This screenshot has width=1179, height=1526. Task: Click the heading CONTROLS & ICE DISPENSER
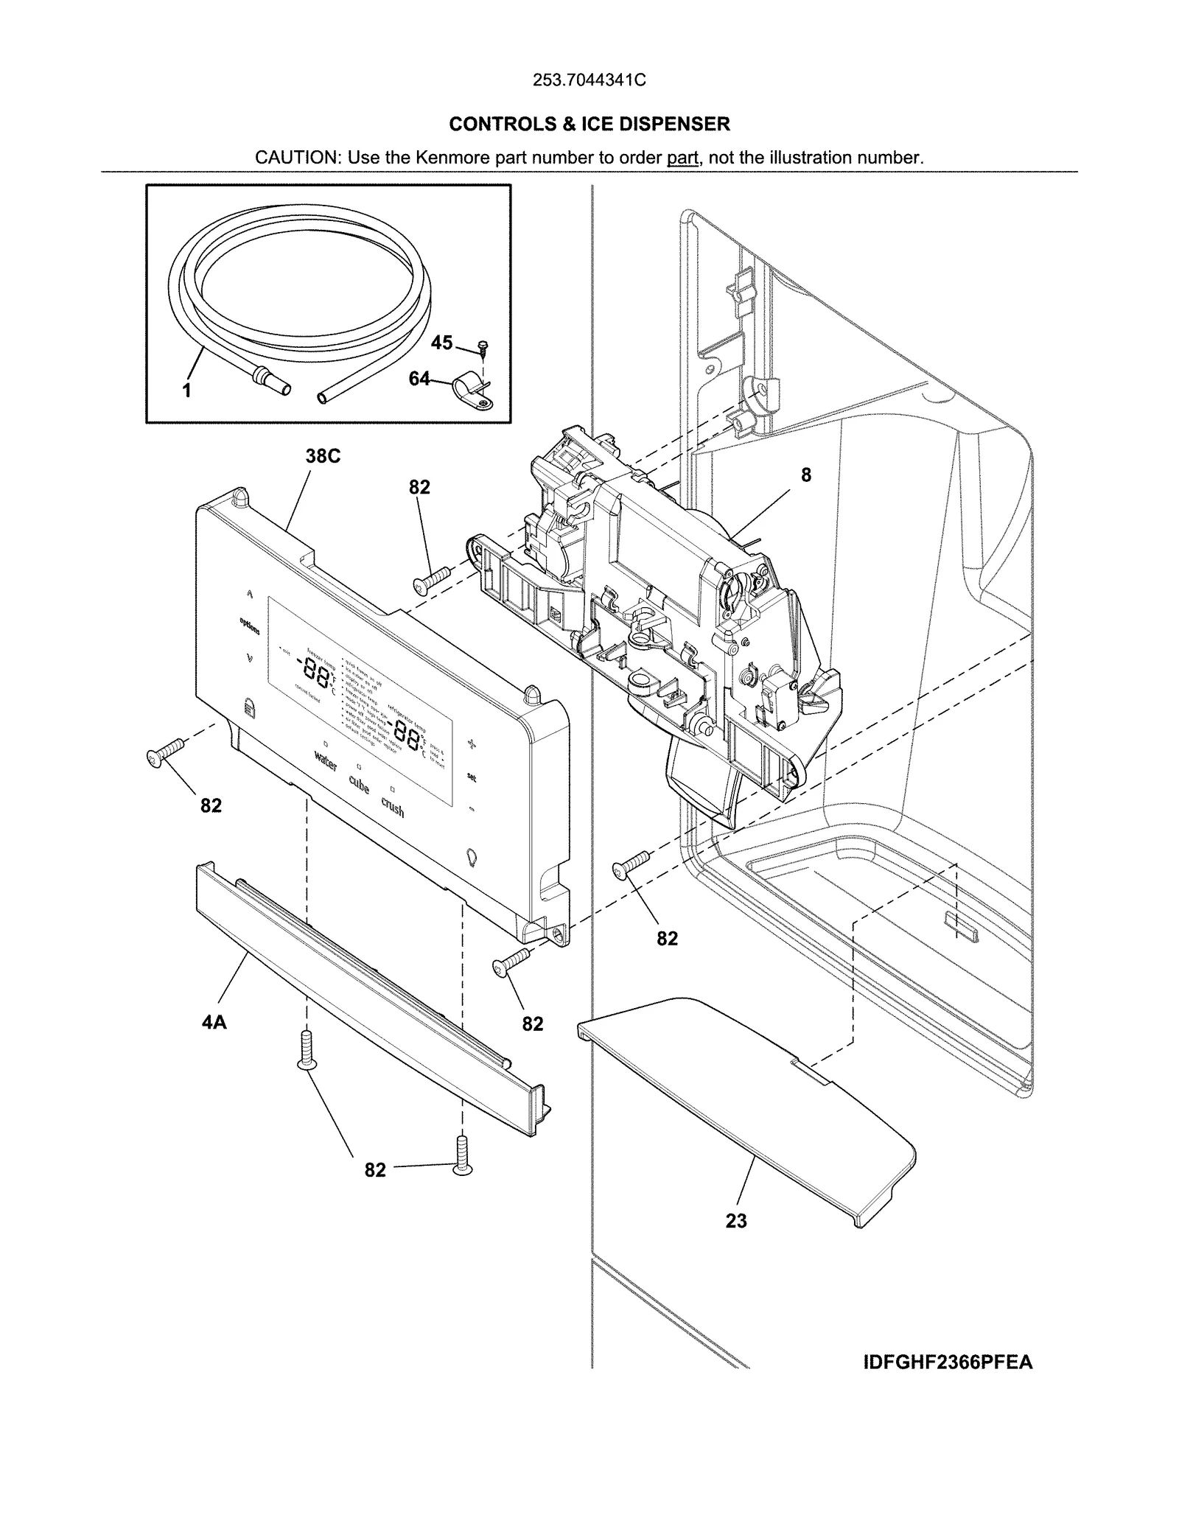[x=589, y=124]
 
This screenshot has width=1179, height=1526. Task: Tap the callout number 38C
[x=323, y=456]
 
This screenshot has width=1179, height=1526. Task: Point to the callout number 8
[x=806, y=475]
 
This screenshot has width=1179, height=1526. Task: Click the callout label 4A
[x=214, y=1022]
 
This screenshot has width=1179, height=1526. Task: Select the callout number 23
[x=736, y=1221]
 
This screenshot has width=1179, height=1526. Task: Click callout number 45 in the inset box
[x=441, y=343]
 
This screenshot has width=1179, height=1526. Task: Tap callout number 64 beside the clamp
[x=419, y=379]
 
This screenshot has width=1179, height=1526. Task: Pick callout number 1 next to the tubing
[x=187, y=391]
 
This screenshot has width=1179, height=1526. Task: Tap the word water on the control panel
[x=326, y=760]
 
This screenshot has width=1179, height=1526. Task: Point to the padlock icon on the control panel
[x=248, y=708]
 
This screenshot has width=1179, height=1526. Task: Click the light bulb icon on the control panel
[x=472, y=858]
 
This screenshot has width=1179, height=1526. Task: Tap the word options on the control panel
[x=249, y=626]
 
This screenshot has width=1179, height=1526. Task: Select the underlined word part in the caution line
[x=682, y=158]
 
